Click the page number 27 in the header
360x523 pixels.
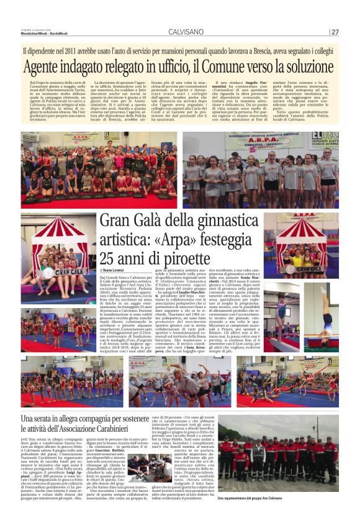pos(334,32)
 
